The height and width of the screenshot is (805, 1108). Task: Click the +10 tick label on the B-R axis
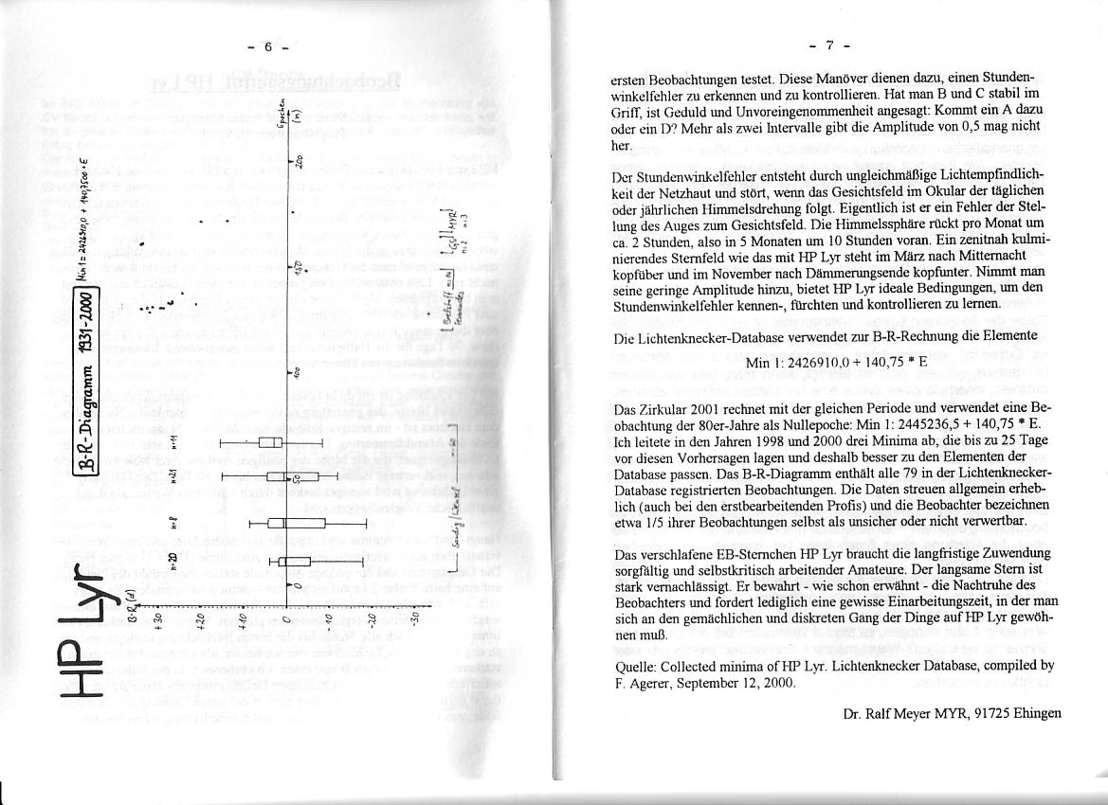click(243, 620)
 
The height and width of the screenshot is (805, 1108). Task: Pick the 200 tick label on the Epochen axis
click(297, 161)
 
